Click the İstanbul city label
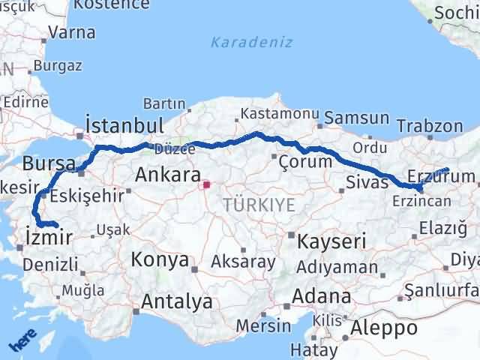[x=124, y=124]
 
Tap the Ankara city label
[x=168, y=176]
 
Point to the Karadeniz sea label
[x=251, y=42]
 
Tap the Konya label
[x=160, y=260]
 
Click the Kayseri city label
[x=332, y=241]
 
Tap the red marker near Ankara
[x=207, y=181]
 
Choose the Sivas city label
[x=367, y=181]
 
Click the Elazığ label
[x=442, y=227]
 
